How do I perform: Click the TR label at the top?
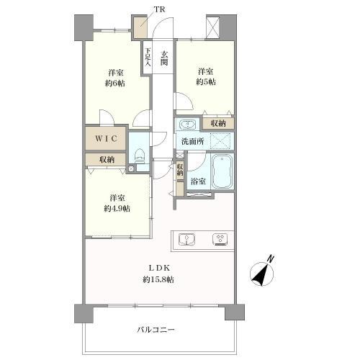point(158,9)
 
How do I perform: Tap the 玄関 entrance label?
point(165,57)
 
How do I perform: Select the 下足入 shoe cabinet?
point(148,58)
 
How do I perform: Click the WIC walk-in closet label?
point(106,136)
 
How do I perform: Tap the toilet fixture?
point(140,155)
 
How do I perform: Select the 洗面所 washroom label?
point(192,140)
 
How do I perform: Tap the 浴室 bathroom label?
point(199,181)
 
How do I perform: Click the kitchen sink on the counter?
point(185,238)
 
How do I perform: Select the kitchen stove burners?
point(219,238)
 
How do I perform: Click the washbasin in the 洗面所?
point(185,124)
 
